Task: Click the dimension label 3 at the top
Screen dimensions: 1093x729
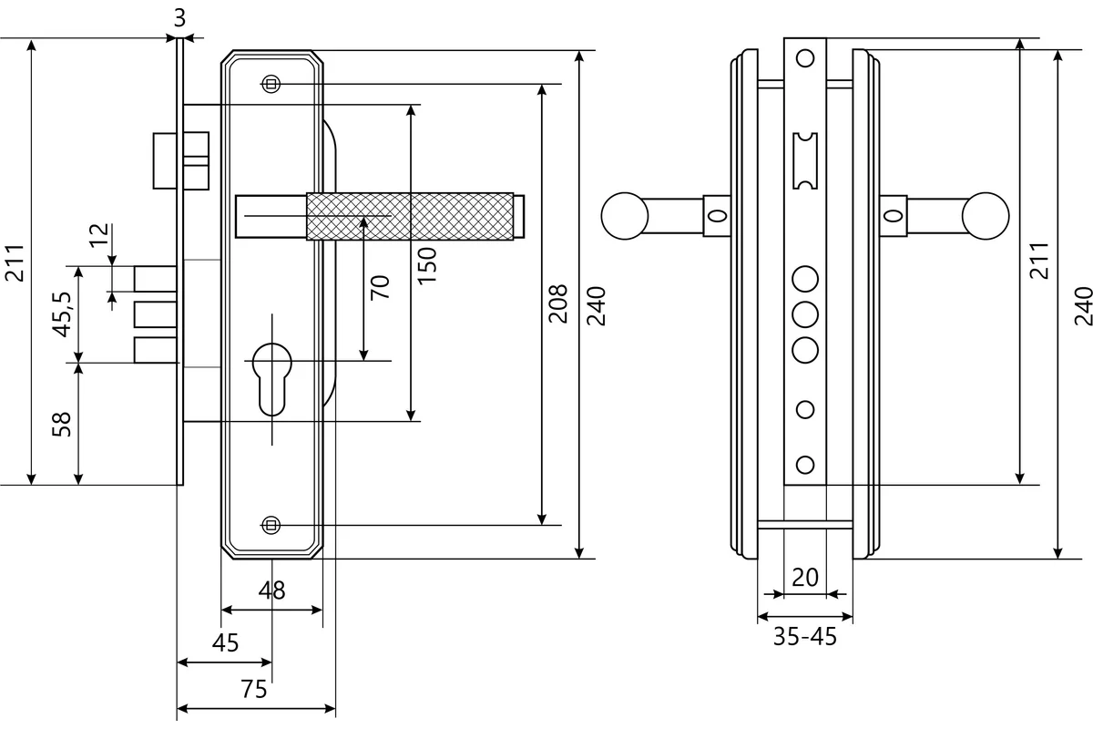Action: (x=179, y=18)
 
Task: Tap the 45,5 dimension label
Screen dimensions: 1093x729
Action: (x=62, y=314)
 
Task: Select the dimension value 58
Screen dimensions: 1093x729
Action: (x=62, y=425)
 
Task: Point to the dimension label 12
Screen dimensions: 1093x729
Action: (x=98, y=235)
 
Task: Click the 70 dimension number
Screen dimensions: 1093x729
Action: (x=380, y=288)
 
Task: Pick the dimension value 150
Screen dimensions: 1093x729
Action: (x=426, y=265)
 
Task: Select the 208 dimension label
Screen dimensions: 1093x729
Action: (x=557, y=303)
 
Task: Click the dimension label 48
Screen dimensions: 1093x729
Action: (x=271, y=590)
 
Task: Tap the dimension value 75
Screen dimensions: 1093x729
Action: (x=254, y=690)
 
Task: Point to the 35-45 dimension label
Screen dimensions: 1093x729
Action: (x=805, y=637)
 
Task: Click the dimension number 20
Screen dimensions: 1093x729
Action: (x=805, y=578)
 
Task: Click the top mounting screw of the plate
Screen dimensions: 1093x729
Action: (x=271, y=84)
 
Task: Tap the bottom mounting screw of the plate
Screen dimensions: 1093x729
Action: (x=271, y=526)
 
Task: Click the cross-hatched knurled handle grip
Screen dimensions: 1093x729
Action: (x=410, y=216)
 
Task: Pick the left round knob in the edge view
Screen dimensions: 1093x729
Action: (x=625, y=216)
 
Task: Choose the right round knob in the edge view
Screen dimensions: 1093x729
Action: (x=986, y=216)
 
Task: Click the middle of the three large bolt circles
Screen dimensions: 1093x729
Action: (x=805, y=314)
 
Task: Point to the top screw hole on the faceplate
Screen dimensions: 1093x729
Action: (x=805, y=58)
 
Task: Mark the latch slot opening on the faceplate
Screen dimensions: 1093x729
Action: (x=805, y=160)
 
